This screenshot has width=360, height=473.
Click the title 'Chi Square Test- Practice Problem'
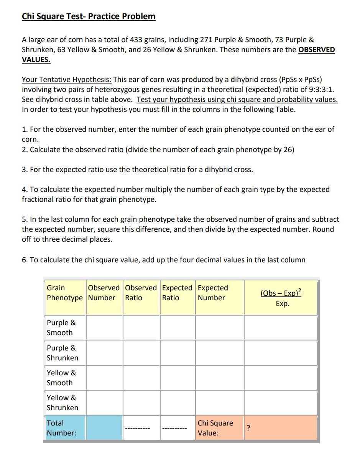click(x=89, y=16)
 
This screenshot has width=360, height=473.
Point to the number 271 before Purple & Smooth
click(x=206, y=40)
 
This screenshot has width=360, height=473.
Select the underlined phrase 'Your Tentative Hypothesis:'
click(x=67, y=80)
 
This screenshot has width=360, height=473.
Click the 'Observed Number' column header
click(x=104, y=293)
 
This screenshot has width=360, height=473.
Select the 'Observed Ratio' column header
click(x=141, y=293)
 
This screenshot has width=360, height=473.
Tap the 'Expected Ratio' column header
click(x=177, y=293)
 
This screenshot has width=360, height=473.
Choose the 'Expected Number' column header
click(x=213, y=293)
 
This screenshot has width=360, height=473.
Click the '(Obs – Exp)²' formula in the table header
click(x=281, y=293)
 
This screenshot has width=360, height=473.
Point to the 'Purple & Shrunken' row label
click(x=62, y=353)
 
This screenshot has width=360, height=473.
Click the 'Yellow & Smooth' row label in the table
click(x=61, y=378)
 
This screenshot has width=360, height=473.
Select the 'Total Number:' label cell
click(x=61, y=428)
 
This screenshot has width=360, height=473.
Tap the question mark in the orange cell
click(x=248, y=428)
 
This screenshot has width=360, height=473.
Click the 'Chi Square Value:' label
click(x=215, y=428)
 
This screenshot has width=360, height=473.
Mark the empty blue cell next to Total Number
click(x=104, y=428)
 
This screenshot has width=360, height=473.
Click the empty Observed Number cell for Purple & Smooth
click(x=104, y=327)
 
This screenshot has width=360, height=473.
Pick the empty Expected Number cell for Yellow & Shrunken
click(x=219, y=403)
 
